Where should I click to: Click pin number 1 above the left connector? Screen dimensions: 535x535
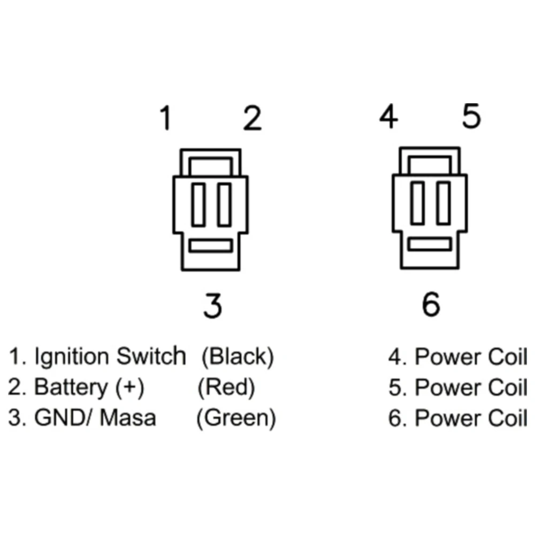tap(166, 119)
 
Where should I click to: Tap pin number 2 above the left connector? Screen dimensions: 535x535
tap(253, 119)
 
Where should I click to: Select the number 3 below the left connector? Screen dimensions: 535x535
tap(212, 305)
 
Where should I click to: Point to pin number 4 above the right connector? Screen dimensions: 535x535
tap(388, 117)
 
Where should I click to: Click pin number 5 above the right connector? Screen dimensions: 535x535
tap(471, 117)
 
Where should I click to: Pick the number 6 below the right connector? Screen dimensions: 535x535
tap(431, 305)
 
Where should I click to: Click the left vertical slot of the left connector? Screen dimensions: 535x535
tap(199, 204)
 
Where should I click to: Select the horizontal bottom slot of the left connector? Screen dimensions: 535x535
tap(211, 246)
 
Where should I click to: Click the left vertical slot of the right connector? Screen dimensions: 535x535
tap(418, 203)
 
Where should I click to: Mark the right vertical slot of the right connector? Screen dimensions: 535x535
tap(443, 203)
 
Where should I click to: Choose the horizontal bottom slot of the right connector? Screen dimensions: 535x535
tap(430, 245)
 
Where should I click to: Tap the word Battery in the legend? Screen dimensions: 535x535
tap(71, 387)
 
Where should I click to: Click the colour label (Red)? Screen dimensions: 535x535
tap(226, 387)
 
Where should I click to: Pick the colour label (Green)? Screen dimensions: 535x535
tap(236, 418)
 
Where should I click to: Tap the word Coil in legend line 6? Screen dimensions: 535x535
tap(508, 418)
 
